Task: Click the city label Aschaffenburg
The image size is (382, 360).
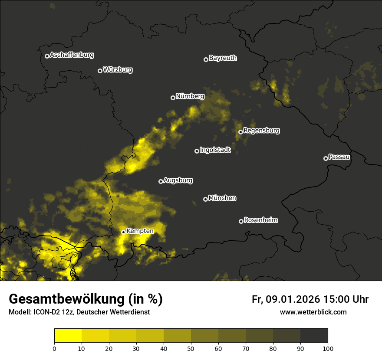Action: coord(72,55)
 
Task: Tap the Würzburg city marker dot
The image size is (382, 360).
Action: coord(100,71)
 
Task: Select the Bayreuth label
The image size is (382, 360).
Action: coord(223,58)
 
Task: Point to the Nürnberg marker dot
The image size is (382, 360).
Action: coord(173,98)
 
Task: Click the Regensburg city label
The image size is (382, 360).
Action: coord(261,130)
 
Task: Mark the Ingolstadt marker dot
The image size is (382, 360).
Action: coord(197,151)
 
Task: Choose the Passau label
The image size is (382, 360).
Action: coord(339,157)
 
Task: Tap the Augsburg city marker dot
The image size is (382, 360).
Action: coord(161,181)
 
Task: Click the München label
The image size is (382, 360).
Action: coord(222,198)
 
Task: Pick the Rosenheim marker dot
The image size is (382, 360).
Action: coord(241,222)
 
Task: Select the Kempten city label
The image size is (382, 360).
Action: coord(140,231)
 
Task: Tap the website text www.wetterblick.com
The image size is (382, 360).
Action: coord(313,312)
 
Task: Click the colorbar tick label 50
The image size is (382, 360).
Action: coord(191,348)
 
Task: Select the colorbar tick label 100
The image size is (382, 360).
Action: coord(328,348)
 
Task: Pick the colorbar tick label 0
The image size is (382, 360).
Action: coord(54,348)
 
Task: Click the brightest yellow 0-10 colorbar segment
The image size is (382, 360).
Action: coord(68,336)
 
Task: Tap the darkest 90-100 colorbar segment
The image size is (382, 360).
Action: coord(314,336)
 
